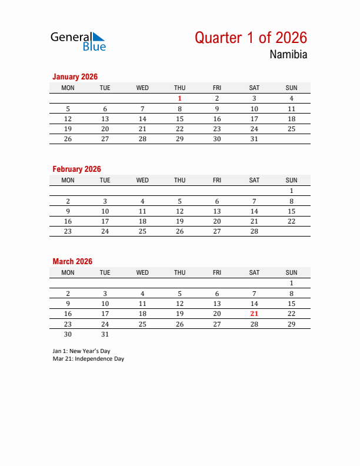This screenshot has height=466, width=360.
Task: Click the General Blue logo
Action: [x=78, y=41]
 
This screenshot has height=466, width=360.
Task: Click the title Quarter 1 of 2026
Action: [x=251, y=38]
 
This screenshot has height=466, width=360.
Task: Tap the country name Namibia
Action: [x=288, y=55]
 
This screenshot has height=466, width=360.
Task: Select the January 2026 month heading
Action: [x=75, y=76]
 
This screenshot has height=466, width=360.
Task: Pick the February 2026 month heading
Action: [x=76, y=169]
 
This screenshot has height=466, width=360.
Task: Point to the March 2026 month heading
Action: [x=72, y=261]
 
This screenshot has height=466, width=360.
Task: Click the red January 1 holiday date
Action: [x=179, y=99]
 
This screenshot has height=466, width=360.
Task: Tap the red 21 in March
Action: [x=254, y=314]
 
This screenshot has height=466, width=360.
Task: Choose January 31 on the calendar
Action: [x=254, y=139]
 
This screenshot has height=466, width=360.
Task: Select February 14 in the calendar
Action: [x=254, y=211]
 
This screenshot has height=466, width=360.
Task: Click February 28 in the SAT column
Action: [x=254, y=231]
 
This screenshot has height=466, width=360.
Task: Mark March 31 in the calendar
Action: [x=105, y=334]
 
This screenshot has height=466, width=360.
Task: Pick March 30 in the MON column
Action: [x=68, y=334]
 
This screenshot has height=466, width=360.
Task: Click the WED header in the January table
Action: [x=142, y=88]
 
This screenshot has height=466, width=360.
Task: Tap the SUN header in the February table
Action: [x=291, y=180]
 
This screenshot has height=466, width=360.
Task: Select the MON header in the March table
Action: [x=68, y=272]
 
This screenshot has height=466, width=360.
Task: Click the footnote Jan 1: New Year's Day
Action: [x=81, y=351]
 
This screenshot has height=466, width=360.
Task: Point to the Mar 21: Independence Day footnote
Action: [x=88, y=358]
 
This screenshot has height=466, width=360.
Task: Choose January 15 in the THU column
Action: [x=179, y=119]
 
